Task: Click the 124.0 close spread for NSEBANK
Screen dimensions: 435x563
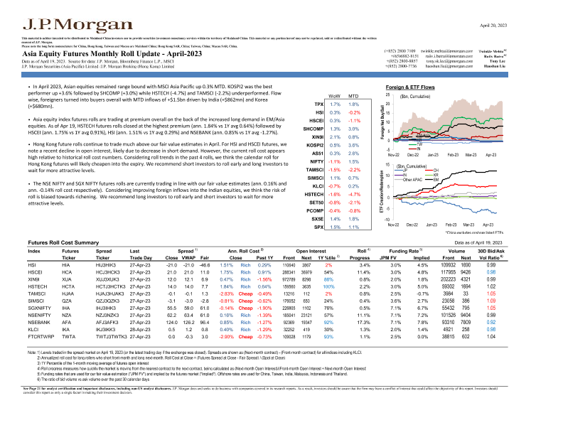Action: pyautogui.click(x=171, y=320)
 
